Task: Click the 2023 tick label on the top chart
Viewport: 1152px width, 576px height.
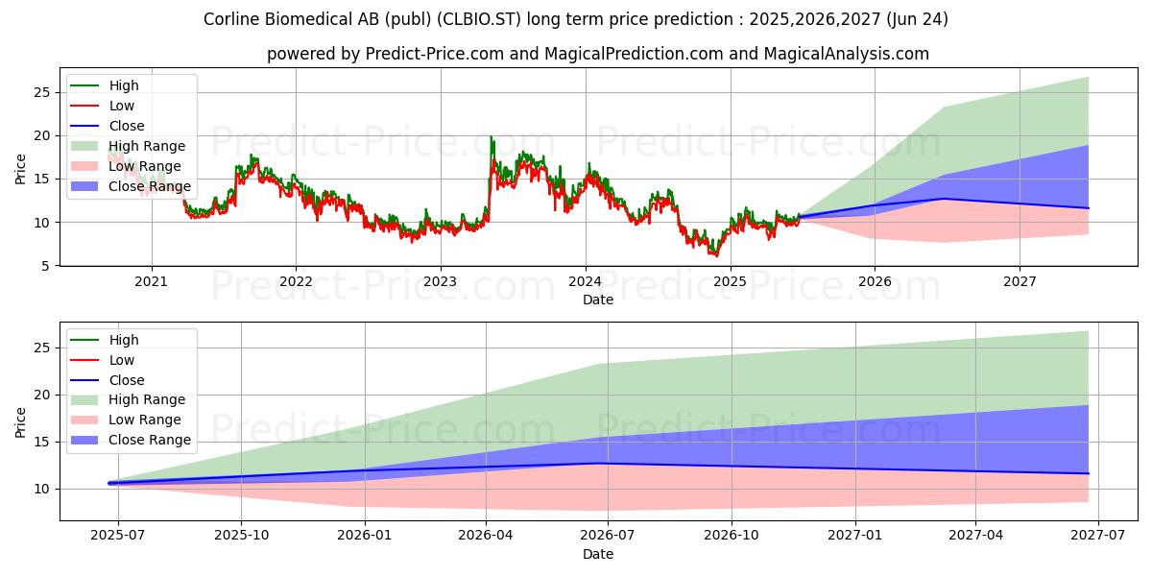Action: tap(440, 281)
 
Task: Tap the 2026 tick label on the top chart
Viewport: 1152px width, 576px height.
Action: tap(875, 281)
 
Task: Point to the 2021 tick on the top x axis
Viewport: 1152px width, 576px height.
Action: tap(151, 281)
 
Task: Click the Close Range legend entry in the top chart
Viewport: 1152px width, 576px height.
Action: tap(150, 186)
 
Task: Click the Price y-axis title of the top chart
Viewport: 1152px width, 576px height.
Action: tap(21, 170)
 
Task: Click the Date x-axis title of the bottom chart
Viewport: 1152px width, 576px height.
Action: tap(598, 554)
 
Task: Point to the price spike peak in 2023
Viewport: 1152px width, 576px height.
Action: tap(492, 137)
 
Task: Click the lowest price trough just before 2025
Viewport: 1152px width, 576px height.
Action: tap(714, 255)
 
